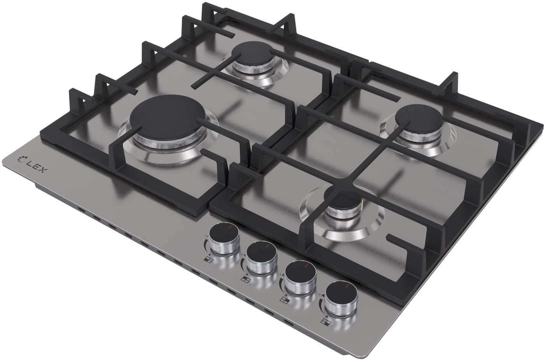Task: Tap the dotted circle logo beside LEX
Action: [x=21, y=159]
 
